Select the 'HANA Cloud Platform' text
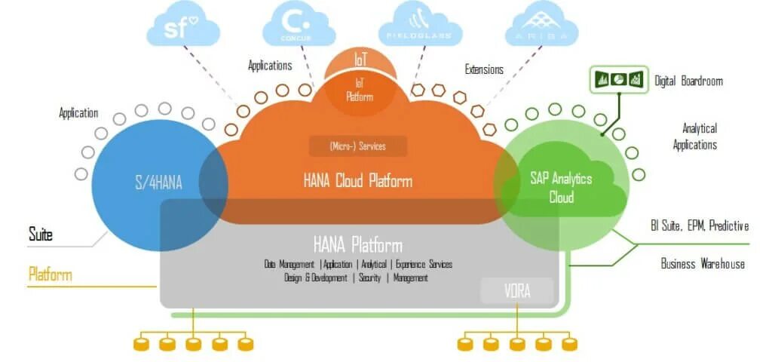click(x=357, y=181)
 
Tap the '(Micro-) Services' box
click(x=357, y=146)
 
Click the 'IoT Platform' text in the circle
click(x=360, y=91)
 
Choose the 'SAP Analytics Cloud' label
click(x=561, y=188)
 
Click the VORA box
click(x=517, y=290)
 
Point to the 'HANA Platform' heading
click(x=357, y=245)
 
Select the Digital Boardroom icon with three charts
click(x=617, y=78)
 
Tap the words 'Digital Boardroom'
click(x=688, y=81)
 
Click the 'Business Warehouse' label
click(x=703, y=264)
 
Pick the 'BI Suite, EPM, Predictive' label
click(x=699, y=225)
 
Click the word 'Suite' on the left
click(x=41, y=235)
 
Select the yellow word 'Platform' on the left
click(x=51, y=274)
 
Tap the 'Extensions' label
click(x=484, y=69)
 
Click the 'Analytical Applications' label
click(x=699, y=137)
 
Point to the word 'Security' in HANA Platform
click(x=369, y=278)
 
